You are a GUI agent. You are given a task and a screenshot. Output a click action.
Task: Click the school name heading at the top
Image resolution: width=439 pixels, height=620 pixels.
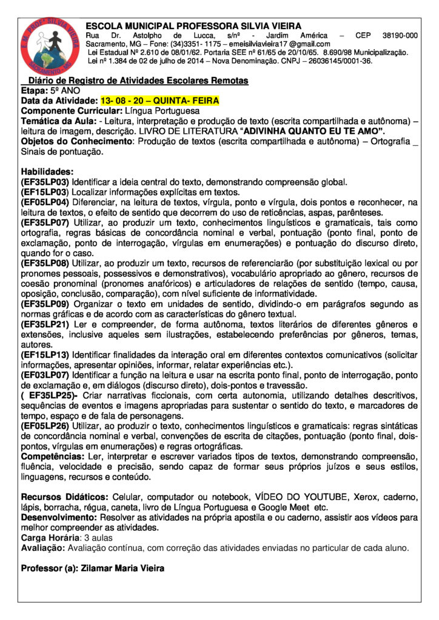193,26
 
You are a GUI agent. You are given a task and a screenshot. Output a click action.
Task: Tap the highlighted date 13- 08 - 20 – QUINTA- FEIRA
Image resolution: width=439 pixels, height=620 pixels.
159,101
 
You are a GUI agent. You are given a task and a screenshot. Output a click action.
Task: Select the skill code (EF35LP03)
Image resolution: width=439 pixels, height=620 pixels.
45,182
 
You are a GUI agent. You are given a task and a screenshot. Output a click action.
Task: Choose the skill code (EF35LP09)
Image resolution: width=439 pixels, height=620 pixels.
45,304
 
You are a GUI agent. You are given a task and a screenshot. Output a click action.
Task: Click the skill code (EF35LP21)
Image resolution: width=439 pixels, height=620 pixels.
45,325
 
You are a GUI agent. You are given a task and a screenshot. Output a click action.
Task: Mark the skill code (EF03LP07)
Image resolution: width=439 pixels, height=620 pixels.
45,375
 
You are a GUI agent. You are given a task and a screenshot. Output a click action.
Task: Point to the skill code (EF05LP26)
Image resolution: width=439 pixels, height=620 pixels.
45,427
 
